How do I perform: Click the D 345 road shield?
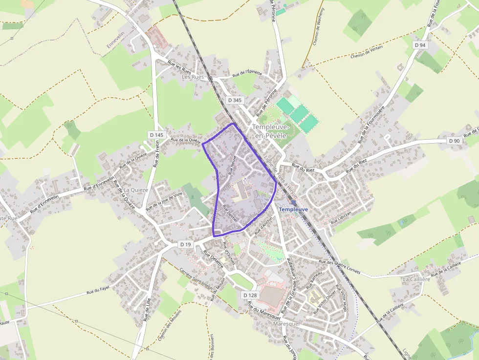click(x=235, y=100)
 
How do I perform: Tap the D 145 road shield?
click(x=156, y=134)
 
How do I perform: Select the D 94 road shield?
click(x=420, y=45)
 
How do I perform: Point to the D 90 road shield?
click(x=454, y=141)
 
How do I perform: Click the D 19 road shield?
click(x=185, y=244)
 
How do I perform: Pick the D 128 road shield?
click(x=250, y=295)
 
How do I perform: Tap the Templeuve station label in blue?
click(x=293, y=209)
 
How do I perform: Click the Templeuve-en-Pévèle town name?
click(x=271, y=131)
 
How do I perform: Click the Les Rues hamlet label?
click(x=192, y=77)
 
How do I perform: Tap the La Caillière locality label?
click(x=416, y=279)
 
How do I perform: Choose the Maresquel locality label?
click(x=286, y=324)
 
